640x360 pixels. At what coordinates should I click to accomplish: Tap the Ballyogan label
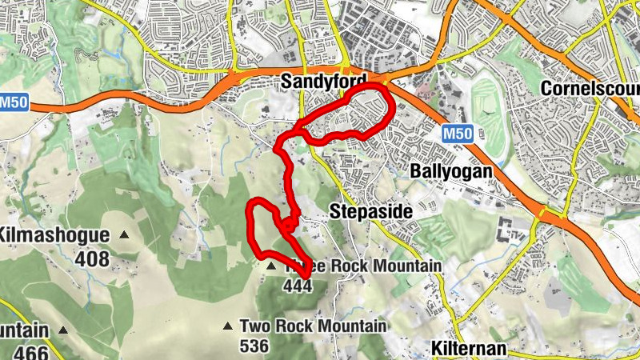(x=450, y=170)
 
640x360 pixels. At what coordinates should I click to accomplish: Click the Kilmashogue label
(x=53, y=235)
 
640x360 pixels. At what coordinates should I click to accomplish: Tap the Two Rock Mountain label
(x=313, y=326)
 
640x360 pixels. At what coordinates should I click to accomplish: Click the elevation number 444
(x=297, y=286)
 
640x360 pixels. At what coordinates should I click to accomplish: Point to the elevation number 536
(x=254, y=346)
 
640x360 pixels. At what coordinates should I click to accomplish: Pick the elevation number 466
(x=30, y=353)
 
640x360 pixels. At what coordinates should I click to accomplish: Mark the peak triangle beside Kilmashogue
(x=124, y=235)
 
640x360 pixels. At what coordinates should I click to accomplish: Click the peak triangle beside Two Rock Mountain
(x=228, y=326)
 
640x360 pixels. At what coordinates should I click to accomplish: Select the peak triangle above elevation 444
(x=271, y=266)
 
